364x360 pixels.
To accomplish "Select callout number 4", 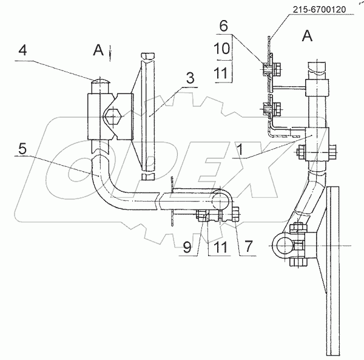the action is tap(22, 50).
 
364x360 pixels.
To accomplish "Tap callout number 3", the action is tap(190, 78).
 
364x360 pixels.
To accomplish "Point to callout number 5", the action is tap(22, 149).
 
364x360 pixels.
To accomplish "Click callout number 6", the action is tap(223, 25).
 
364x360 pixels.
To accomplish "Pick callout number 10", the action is tap(221, 49).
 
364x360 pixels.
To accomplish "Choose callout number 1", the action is tap(240, 149).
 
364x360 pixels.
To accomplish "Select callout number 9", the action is tap(187, 247).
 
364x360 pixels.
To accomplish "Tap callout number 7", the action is tap(248, 246).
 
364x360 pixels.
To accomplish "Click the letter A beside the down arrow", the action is tap(98, 50).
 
